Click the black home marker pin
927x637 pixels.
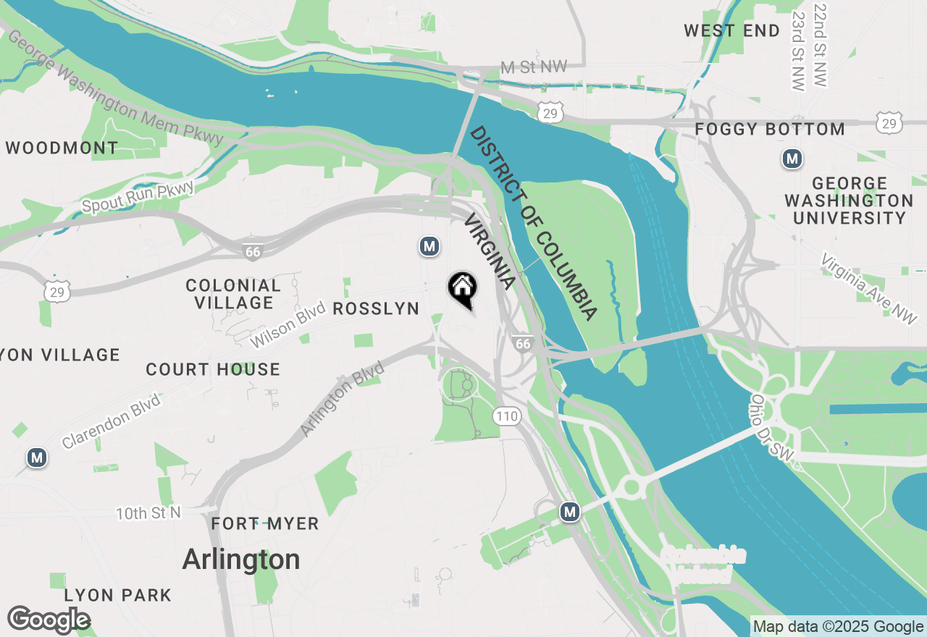point(463,289)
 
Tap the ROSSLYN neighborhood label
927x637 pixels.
point(376,309)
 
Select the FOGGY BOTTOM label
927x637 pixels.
point(770,130)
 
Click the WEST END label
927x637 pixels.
point(732,30)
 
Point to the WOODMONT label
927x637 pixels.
point(62,148)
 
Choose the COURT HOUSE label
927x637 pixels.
point(213,369)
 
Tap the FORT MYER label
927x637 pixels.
point(265,523)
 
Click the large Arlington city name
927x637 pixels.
point(241,560)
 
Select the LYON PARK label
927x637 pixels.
point(118,595)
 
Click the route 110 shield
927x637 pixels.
point(507,415)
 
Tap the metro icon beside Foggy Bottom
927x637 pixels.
point(792,159)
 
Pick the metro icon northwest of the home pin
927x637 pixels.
point(429,247)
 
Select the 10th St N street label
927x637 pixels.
point(148,513)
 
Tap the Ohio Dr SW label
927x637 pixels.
point(772,429)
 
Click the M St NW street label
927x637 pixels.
point(534,67)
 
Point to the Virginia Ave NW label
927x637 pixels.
point(868,289)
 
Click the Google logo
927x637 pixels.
point(49,620)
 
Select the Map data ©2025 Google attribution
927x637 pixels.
point(838,627)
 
